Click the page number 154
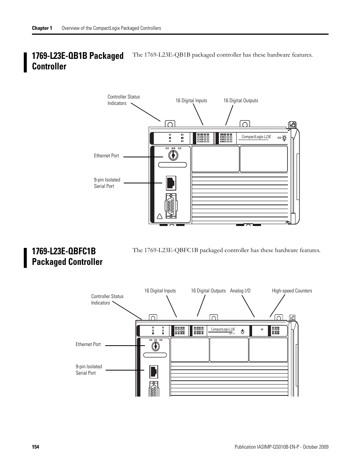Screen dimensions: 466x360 [35, 447]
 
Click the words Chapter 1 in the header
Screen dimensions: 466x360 [42, 28]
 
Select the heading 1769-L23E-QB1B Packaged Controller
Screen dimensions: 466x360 [78, 61]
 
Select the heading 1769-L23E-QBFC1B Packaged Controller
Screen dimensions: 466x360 [67, 257]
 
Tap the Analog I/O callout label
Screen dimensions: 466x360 [240, 291]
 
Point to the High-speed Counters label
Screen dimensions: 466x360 [292, 291]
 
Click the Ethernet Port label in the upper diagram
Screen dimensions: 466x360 [106, 155]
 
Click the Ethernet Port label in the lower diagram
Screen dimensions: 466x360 [88, 344]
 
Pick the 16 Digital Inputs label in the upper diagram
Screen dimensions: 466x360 [191, 101]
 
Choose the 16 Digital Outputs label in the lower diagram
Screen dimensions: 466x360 [208, 291]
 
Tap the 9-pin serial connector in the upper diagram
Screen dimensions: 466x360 [171, 206]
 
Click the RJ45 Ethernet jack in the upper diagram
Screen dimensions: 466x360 [170, 183]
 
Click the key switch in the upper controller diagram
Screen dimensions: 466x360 [173, 155]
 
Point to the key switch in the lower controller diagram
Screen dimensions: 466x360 [155, 346]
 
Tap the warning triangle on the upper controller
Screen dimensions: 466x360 [159, 217]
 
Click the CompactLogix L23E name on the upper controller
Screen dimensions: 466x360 [256, 137]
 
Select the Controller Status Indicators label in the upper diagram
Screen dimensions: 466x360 [123, 100]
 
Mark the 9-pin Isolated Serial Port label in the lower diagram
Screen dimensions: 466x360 [89, 370]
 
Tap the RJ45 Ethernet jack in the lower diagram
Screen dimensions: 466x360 [154, 371]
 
